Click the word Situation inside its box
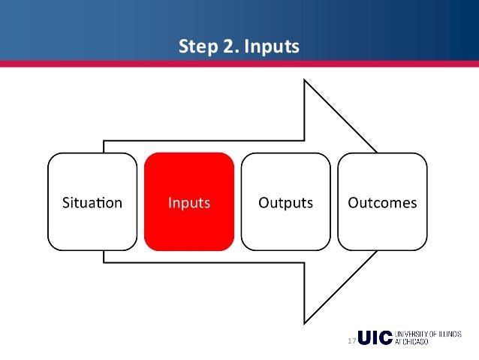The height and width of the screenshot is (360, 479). pos(92,203)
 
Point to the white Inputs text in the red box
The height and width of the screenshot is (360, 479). pos(189,203)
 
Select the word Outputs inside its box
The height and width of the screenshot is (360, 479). pos(285,203)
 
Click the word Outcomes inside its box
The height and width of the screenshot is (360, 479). pos(381,203)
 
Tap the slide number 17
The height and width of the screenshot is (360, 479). pos(351,342)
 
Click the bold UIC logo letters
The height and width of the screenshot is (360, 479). pos(375,338)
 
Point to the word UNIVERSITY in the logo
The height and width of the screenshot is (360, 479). pos(411,334)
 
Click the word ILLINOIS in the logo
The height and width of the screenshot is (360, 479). pos(449,334)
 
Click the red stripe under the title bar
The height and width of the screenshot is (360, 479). pos(239,65)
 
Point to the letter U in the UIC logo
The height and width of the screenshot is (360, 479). pos(365,338)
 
